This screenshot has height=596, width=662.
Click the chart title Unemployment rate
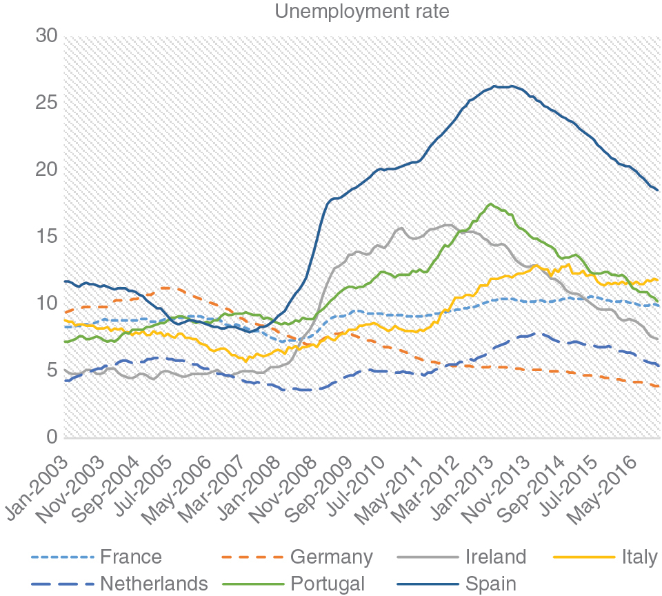coord(362,12)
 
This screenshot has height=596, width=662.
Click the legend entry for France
coord(130,557)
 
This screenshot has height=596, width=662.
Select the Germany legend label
coord(331,557)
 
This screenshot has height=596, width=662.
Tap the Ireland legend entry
coord(495,557)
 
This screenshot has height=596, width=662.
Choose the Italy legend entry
coord(639,557)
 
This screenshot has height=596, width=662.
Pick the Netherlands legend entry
coord(153,584)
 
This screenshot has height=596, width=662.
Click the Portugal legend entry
coord(327,584)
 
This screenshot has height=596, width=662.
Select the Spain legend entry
coord(490,584)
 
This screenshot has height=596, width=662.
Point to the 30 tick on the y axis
coord(46,36)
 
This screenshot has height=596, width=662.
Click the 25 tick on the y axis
coord(46,103)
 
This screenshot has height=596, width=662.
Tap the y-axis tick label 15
coord(46,237)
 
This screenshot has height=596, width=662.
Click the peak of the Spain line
coord(495,86)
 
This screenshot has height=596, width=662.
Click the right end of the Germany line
coord(659,386)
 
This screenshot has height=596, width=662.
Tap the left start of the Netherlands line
coord(64,380)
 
